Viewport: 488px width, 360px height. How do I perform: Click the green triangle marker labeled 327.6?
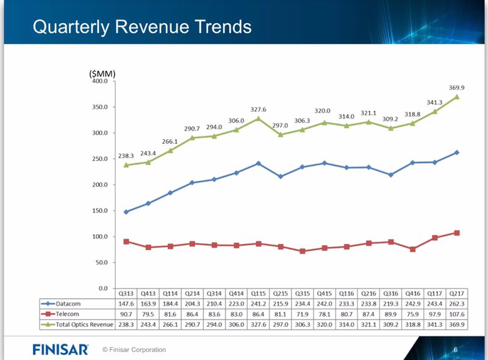(258, 118)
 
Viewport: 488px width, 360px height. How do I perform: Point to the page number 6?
(455, 349)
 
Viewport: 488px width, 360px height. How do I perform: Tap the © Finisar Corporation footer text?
(134, 350)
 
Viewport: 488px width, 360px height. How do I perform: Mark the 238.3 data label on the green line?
(126, 156)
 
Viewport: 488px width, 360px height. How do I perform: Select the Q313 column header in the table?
(126, 293)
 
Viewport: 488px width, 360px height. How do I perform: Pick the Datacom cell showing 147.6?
(126, 303)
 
